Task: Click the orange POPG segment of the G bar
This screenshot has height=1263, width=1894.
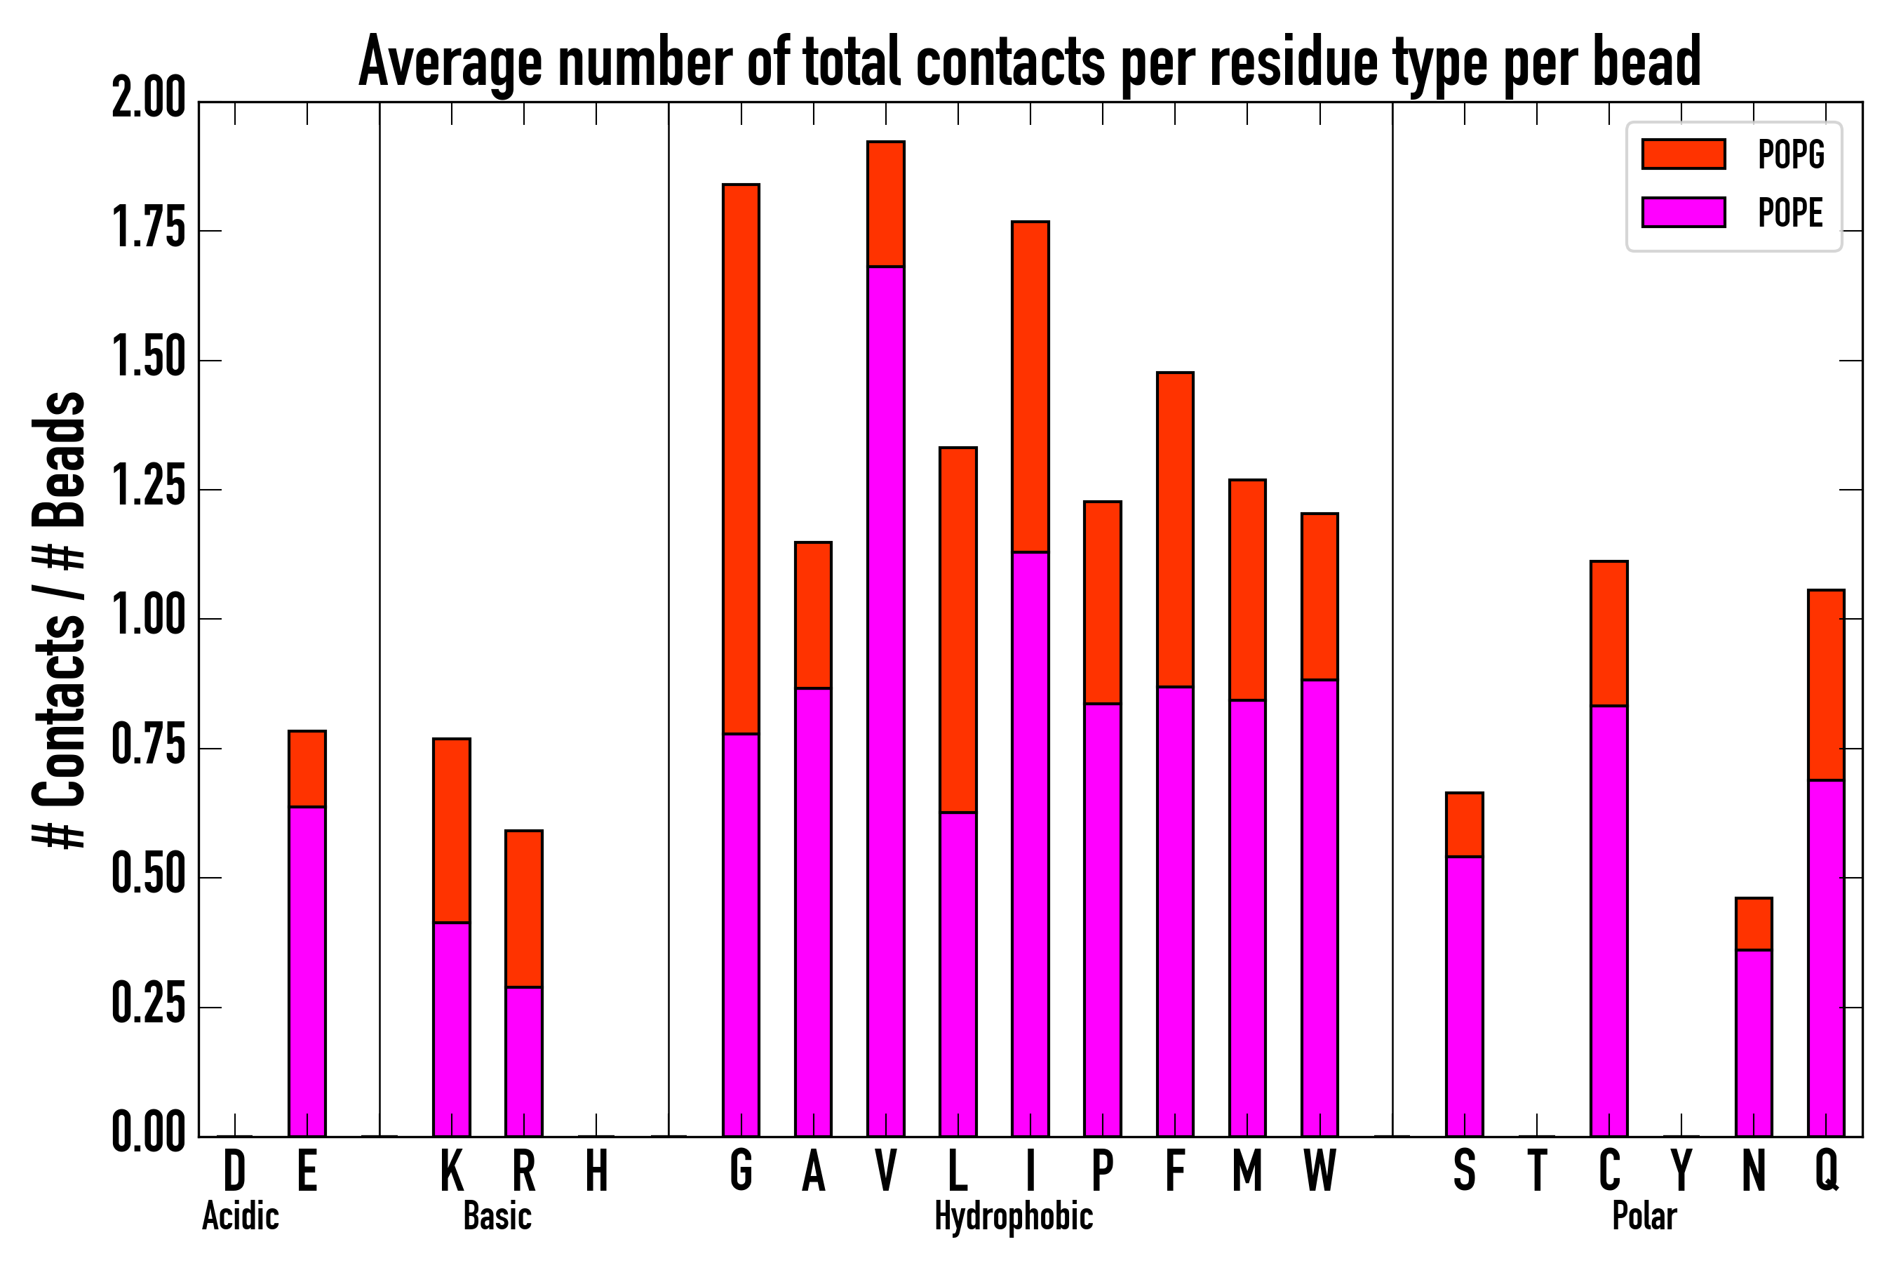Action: click(740, 459)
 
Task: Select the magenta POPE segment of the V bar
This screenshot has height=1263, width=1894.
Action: click(885, 701)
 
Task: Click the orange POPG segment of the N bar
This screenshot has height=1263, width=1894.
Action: click(1754, 925)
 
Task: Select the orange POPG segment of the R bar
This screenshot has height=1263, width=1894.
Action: click(523, 909)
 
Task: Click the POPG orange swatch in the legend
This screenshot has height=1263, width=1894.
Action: click(1683, 154)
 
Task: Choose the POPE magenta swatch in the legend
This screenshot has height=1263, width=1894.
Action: click(1683, 212)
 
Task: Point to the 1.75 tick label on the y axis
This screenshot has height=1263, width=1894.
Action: click(148, 229)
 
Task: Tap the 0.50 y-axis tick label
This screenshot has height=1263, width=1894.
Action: click(148, 877)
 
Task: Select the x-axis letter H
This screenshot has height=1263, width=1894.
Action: click(596, 1171)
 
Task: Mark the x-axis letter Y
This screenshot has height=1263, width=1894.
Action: click(1681, 1171)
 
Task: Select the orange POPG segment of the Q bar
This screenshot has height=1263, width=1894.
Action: click(1825, 685)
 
